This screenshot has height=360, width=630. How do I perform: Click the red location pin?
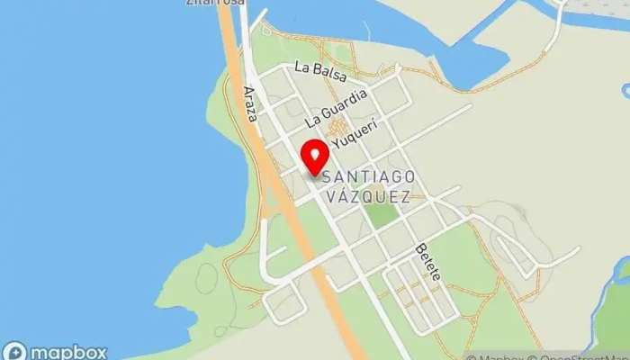[x=313, y=157]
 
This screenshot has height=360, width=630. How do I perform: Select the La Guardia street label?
[x=337, y=107]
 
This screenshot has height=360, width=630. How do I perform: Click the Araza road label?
[x=251, y=104]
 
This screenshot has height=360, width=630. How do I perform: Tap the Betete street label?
[x=427, y=261]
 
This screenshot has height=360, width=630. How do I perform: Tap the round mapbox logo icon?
[x=14, y=352]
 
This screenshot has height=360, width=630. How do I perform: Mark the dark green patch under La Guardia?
[x=341, y=127]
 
